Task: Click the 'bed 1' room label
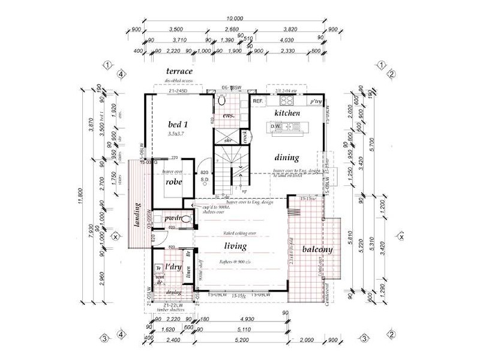tap(178, 124)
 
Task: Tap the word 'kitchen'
tap(287, 113)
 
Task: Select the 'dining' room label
tap(287, 158)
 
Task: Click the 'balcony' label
tap(318, 249)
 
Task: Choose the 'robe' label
tap(174, 181)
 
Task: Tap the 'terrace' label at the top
tap(179, 71)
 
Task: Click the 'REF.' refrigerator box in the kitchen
tap(259, 101)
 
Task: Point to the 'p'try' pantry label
tap(316, 102)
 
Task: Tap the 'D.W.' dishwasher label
tap(276, 127)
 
